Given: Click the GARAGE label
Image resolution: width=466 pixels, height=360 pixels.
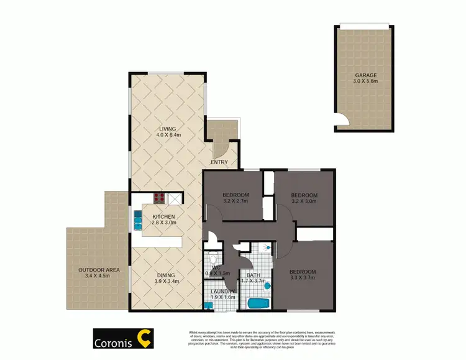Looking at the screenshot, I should pos(366,75).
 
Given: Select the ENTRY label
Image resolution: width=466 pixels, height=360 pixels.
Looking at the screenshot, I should pos(219,163).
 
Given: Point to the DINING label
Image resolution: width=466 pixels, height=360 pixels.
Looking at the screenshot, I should pos(166,275).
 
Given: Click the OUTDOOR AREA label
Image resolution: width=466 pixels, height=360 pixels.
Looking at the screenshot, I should pos(99,270).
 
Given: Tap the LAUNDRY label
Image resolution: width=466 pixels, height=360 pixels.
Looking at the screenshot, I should pos(222,292).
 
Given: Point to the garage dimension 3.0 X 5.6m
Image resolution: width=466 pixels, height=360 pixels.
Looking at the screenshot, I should pos(366,82).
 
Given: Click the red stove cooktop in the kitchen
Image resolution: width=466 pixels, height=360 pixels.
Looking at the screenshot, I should pos(159,199).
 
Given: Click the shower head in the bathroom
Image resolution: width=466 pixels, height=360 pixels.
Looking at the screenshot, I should pos(268,247).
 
